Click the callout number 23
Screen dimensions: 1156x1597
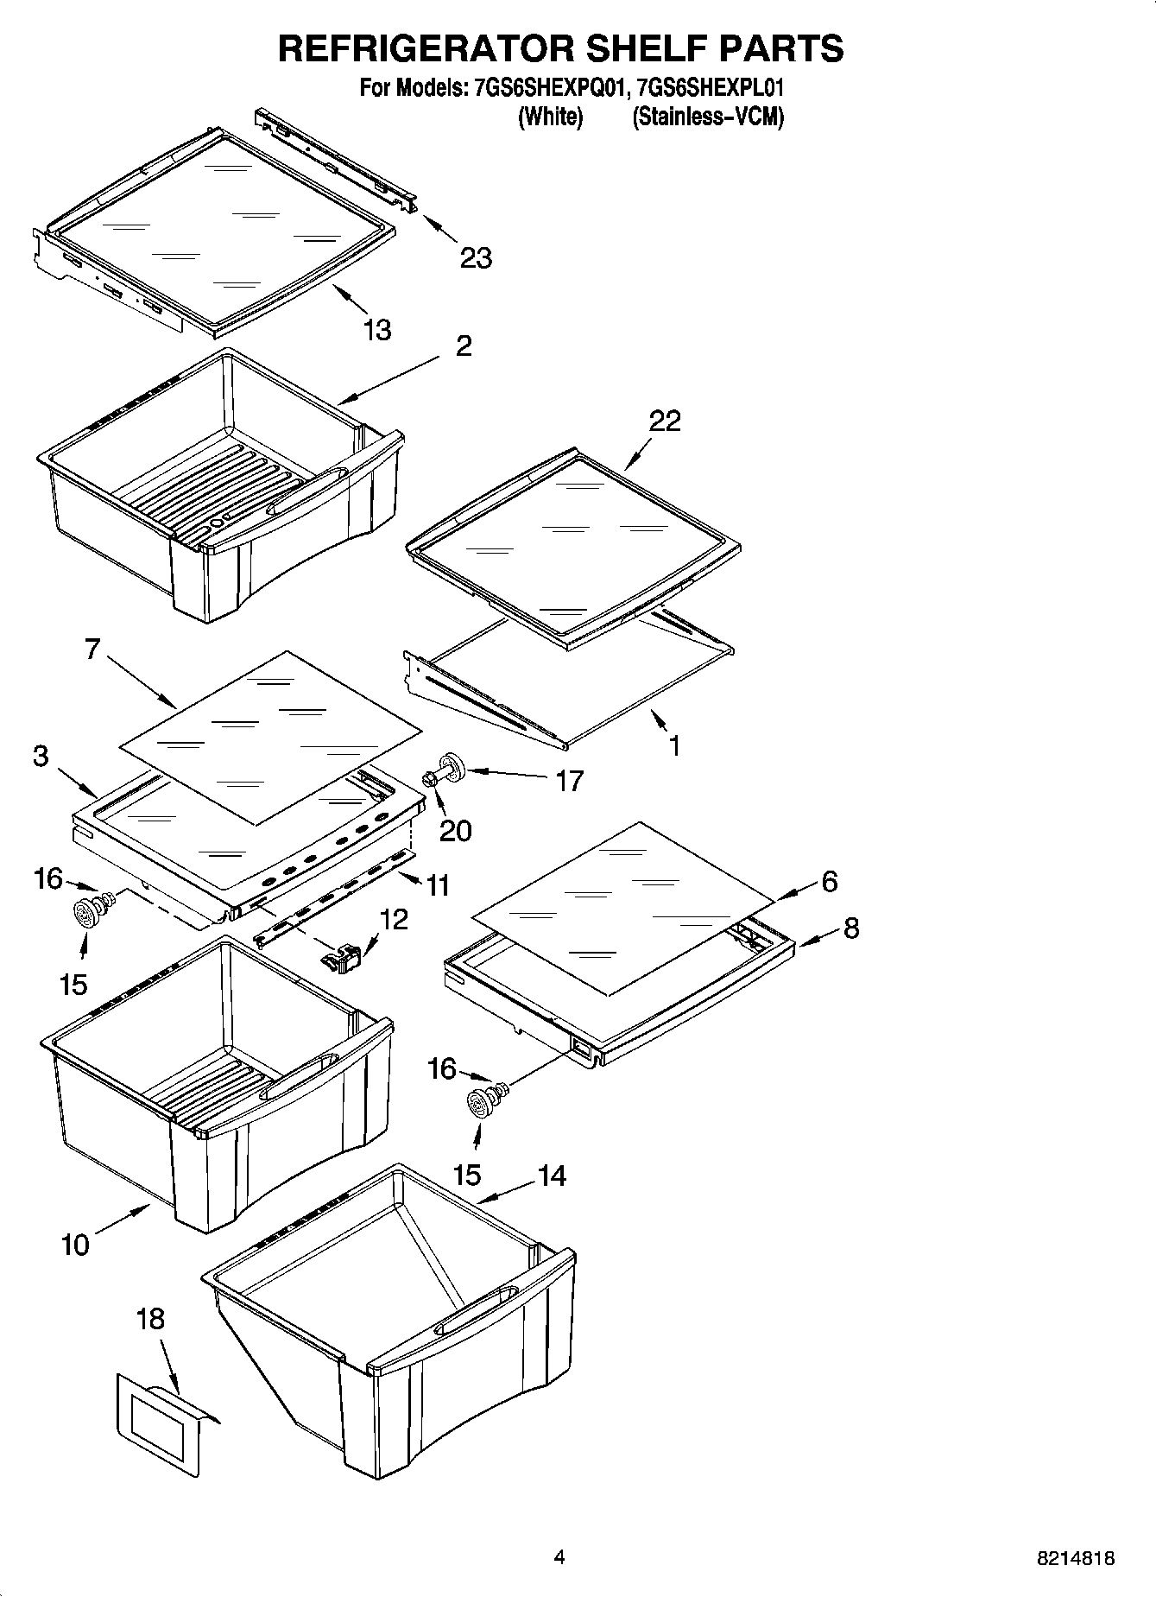(x=476, y=257)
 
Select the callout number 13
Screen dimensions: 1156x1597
(x=376, y=330)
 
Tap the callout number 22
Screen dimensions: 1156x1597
(x=665, y=421)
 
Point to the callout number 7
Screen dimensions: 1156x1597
(x=92, y=649)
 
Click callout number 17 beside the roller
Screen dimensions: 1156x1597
(x=570, y=781)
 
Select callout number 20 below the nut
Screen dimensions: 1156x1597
(x=455, y=831)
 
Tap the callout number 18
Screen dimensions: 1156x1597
(x=150, y=1319)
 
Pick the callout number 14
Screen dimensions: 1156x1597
(x=552, y=1176)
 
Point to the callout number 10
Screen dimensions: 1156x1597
(x=75, y=1245)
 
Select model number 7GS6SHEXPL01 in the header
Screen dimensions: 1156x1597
(x=710, y=87)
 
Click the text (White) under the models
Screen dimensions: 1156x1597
(x=550, y=117)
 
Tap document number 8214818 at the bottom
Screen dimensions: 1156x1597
(x=1075, y=1558)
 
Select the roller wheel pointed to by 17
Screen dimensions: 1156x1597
(x=452, y=766)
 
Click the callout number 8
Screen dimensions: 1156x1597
(x=851, y=928)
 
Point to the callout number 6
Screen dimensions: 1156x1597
(x=829, y=882)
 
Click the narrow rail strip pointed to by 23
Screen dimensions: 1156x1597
(x=337, y=159)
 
